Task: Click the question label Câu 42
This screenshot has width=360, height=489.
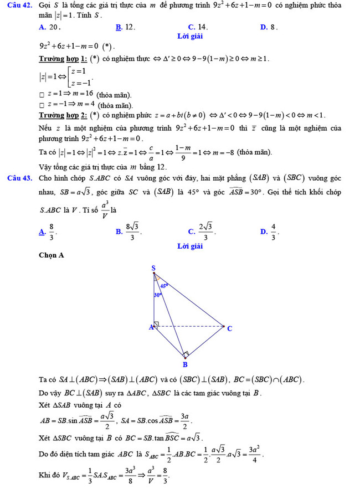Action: coord(18,6)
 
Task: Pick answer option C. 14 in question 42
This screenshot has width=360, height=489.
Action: coord(198,27)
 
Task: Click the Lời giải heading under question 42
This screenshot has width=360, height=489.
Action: coord(189,36)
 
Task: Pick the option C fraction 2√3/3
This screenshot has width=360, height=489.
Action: coord(202,231)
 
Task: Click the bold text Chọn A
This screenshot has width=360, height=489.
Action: coord(52,255)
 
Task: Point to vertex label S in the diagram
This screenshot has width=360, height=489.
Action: coord(153,269)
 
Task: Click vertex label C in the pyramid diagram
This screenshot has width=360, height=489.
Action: coord(229,328)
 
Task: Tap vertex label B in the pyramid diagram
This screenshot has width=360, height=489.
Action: coord(185,364)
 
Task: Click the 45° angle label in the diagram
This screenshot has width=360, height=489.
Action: coord(164,286)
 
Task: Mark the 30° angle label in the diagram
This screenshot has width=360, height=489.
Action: coord(157,295)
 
